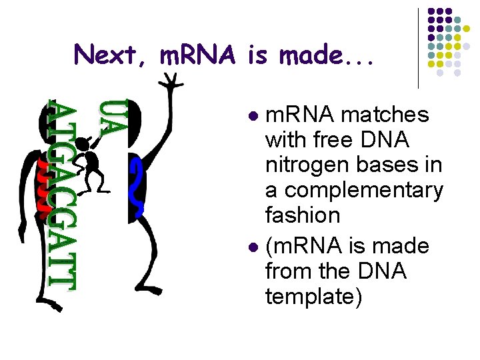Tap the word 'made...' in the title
click(x=327, y=54)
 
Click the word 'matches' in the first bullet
click(x=385, y=115)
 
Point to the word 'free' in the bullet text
click(x=331, y=141)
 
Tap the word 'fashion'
click(x=303, y=215)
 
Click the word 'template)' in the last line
click(x=314, y=296)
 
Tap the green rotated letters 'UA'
click(x=111, y=119)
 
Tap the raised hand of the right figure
click(x=173, y=80)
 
